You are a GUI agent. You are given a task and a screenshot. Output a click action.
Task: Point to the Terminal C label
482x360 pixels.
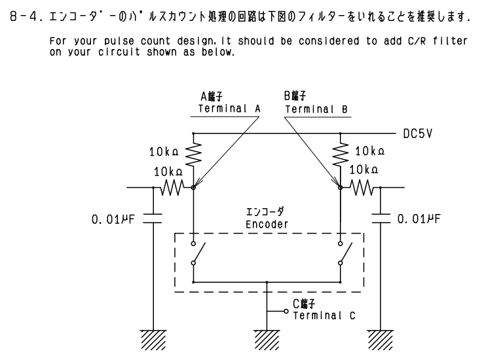click(324, 315)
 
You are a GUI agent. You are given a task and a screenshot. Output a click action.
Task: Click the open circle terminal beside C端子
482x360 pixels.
click(286, 310)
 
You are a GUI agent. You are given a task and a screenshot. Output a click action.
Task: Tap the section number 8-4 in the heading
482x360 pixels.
click(20, 12)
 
